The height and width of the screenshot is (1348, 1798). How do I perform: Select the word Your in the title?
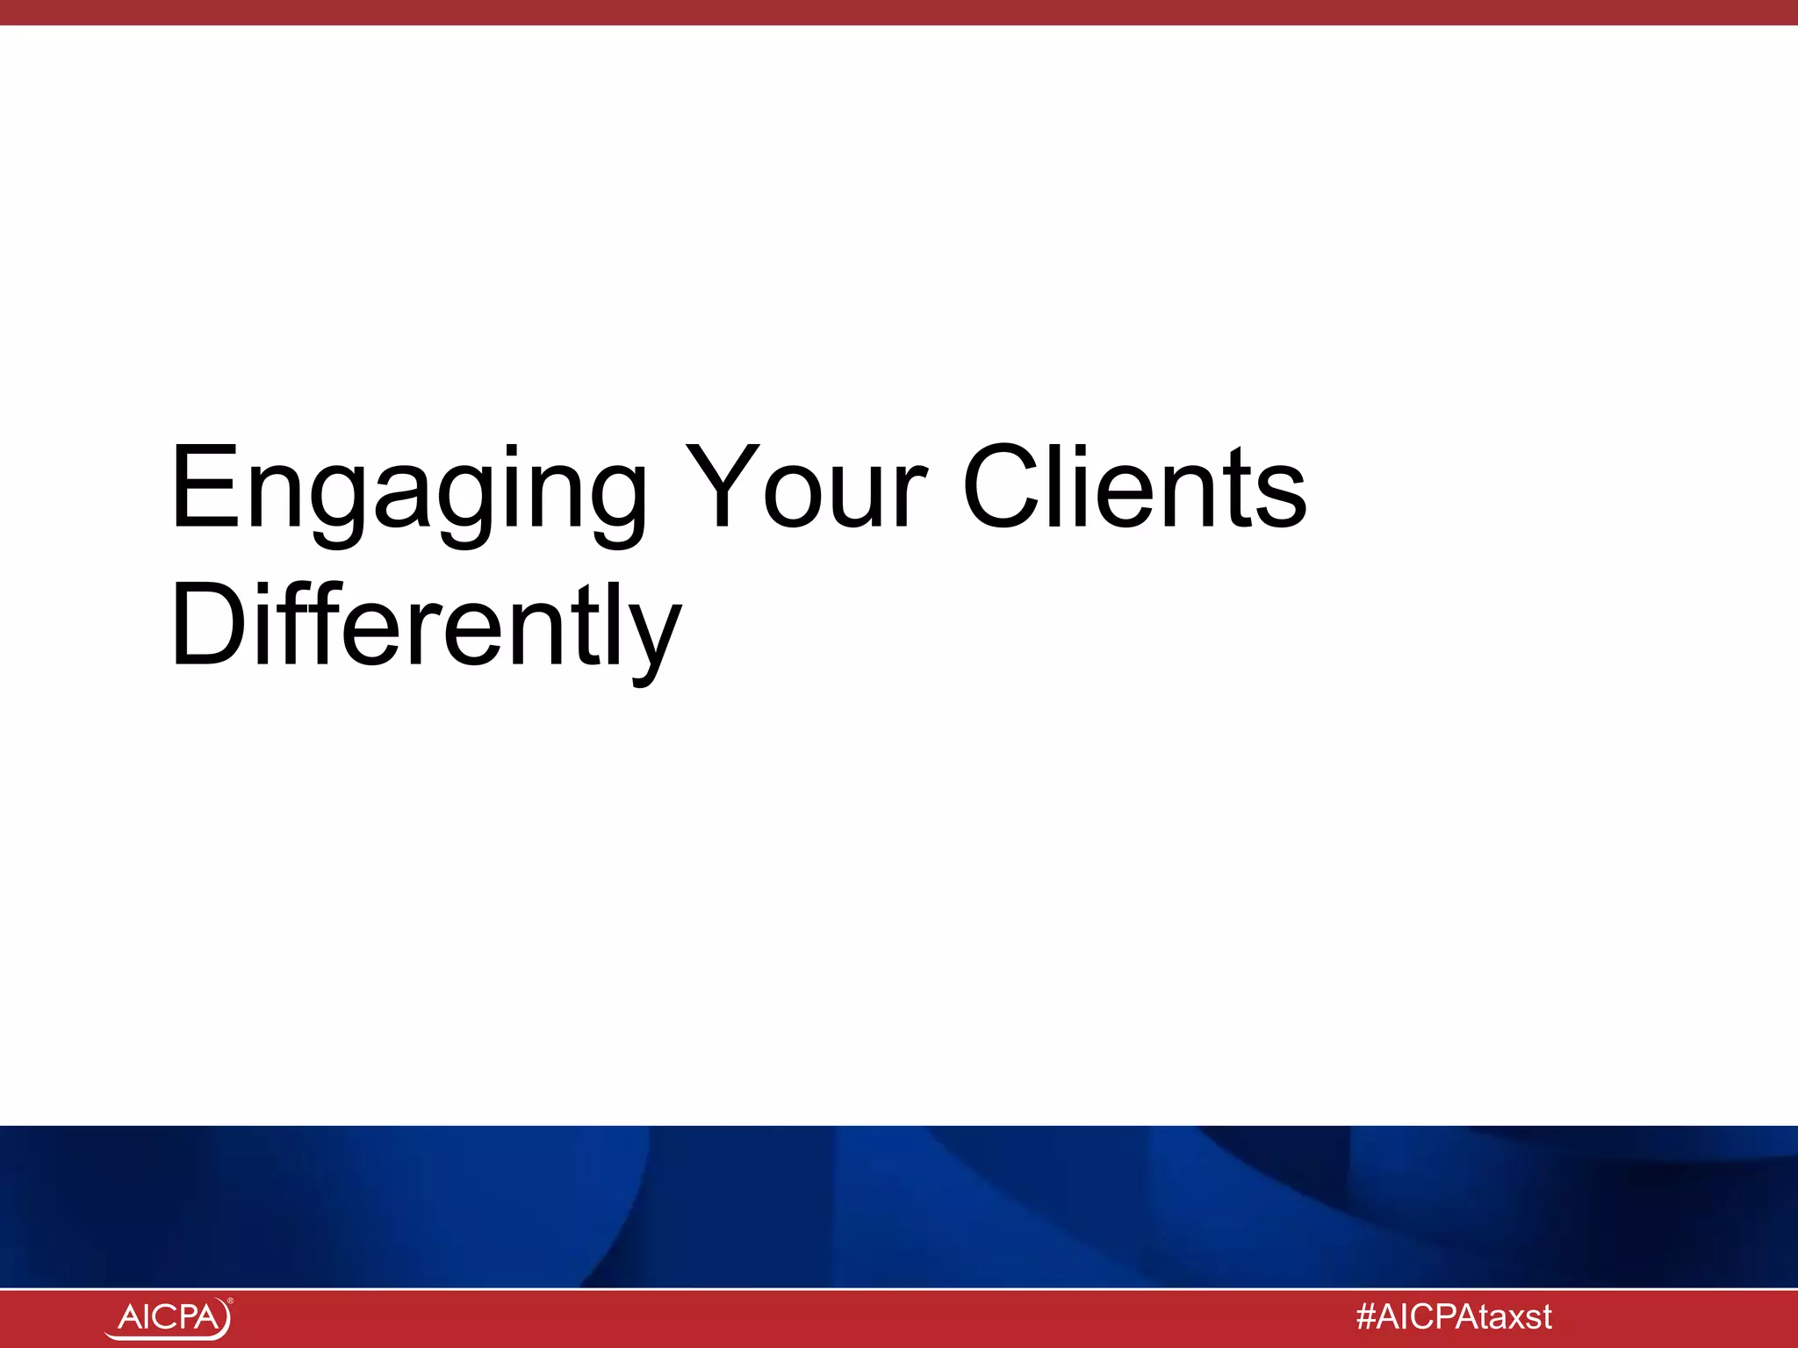tap(805, 488)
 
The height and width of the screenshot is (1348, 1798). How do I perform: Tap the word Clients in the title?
tap(1134, 488)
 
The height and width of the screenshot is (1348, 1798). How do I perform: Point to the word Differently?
tap(426, 627)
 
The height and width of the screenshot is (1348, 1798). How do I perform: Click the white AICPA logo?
tap(169, 1318)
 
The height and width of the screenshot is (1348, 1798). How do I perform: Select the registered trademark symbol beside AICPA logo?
tap(230, 1301)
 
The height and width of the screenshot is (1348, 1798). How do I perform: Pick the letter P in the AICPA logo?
tap(183, 1317)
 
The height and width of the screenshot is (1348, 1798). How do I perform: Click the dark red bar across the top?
tap(899, 12)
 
